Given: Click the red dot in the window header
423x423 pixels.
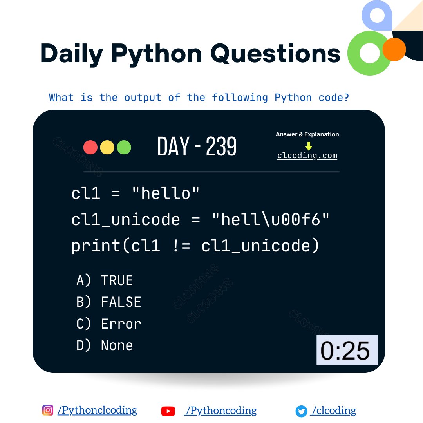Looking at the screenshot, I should click(90, 147).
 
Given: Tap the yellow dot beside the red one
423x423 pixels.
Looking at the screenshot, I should click(107, 147).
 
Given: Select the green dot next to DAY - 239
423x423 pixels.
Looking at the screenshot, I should click(124, 147).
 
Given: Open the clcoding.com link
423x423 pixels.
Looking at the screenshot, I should click(307, 155).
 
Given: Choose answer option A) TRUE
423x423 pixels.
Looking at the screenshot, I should click(105, 280).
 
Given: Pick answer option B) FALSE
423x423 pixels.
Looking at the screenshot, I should click(109, 302).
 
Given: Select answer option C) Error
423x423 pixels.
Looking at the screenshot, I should click(109, 324).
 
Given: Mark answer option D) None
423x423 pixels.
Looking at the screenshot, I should click(105, 345).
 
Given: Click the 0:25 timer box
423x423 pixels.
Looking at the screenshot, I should click(347, 350).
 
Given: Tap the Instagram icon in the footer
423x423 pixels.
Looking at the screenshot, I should click(48, 410).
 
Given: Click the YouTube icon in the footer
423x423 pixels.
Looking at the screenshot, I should click(168, 411).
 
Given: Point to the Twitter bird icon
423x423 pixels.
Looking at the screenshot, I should click(301, 411).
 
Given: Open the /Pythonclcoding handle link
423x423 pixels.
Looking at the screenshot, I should click(97, 410).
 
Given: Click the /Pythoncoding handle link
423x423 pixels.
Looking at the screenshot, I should click(221, 410).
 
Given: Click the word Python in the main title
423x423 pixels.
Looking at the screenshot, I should click(156, 54).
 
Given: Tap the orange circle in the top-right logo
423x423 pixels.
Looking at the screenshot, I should click(394, 49).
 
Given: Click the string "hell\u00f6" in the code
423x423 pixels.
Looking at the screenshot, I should click(270, 220).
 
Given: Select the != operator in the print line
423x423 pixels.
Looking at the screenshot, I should click(181, 246).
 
